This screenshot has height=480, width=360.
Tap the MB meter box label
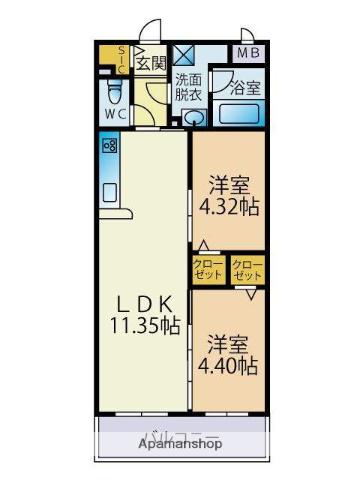[x=247, y=53]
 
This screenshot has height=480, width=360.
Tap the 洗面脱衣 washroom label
[x=188, y=87]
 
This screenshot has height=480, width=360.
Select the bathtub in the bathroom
[x=240, y=111]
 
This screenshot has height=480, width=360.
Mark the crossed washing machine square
[x=184, y=55]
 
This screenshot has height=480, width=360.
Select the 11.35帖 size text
[x=145, y=326]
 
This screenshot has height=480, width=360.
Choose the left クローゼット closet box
[x=208, y=270]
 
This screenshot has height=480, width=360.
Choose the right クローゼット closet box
[x=247, y=270]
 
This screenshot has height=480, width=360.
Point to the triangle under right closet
[x=253, y=292]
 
